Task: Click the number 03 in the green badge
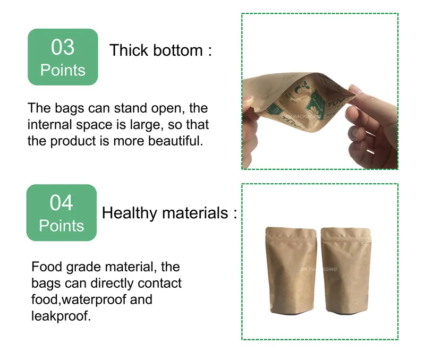coord(63,47)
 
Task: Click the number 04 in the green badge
coord(62,203)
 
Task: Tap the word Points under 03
coord(63,70)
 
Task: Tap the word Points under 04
coord(62,226)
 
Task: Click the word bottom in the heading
coord(178,50)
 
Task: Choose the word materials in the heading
coord(195,213)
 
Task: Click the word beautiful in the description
coord(175,141)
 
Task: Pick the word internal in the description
coord(50,125)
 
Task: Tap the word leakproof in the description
coord(59,316)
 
